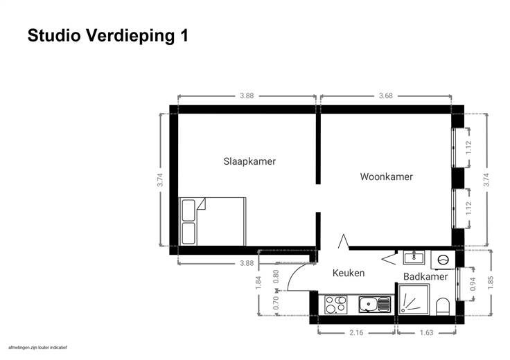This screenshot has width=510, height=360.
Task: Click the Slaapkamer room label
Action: (x=249, y=161)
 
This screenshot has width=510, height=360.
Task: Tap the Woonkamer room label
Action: (x=387, y=177)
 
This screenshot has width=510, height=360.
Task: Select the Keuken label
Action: (x=349, y=273)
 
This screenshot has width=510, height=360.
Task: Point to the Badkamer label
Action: (x=425, y=276)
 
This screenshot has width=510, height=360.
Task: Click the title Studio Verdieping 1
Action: (x=108, y=36)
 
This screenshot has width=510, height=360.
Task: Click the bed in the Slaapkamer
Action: (x=212, y=222)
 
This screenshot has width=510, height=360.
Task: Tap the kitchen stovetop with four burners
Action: (x=336, y=305)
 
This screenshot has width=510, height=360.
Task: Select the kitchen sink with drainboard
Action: (x=374, y=305)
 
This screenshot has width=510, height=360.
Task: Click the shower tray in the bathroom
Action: (x=414, y=300)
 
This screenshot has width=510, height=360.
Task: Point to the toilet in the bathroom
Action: (x=443, y=307)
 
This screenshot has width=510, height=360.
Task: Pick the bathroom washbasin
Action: (x=414, y=258)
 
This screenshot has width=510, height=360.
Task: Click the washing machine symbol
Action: (x=443, y=260)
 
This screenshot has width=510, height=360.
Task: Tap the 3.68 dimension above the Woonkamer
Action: (x=386, y=96)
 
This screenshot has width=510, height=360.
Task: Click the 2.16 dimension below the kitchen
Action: (x=356, y=333)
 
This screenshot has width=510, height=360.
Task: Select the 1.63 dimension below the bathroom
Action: (x=426, y=333)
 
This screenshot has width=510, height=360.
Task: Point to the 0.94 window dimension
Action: (x=473, y=284)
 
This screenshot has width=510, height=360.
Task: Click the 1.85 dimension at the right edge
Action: (x=491, y=282)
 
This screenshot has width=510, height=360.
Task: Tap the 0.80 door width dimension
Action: (x=276, y=276)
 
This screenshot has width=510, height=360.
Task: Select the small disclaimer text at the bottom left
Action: (x=37, y=348)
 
